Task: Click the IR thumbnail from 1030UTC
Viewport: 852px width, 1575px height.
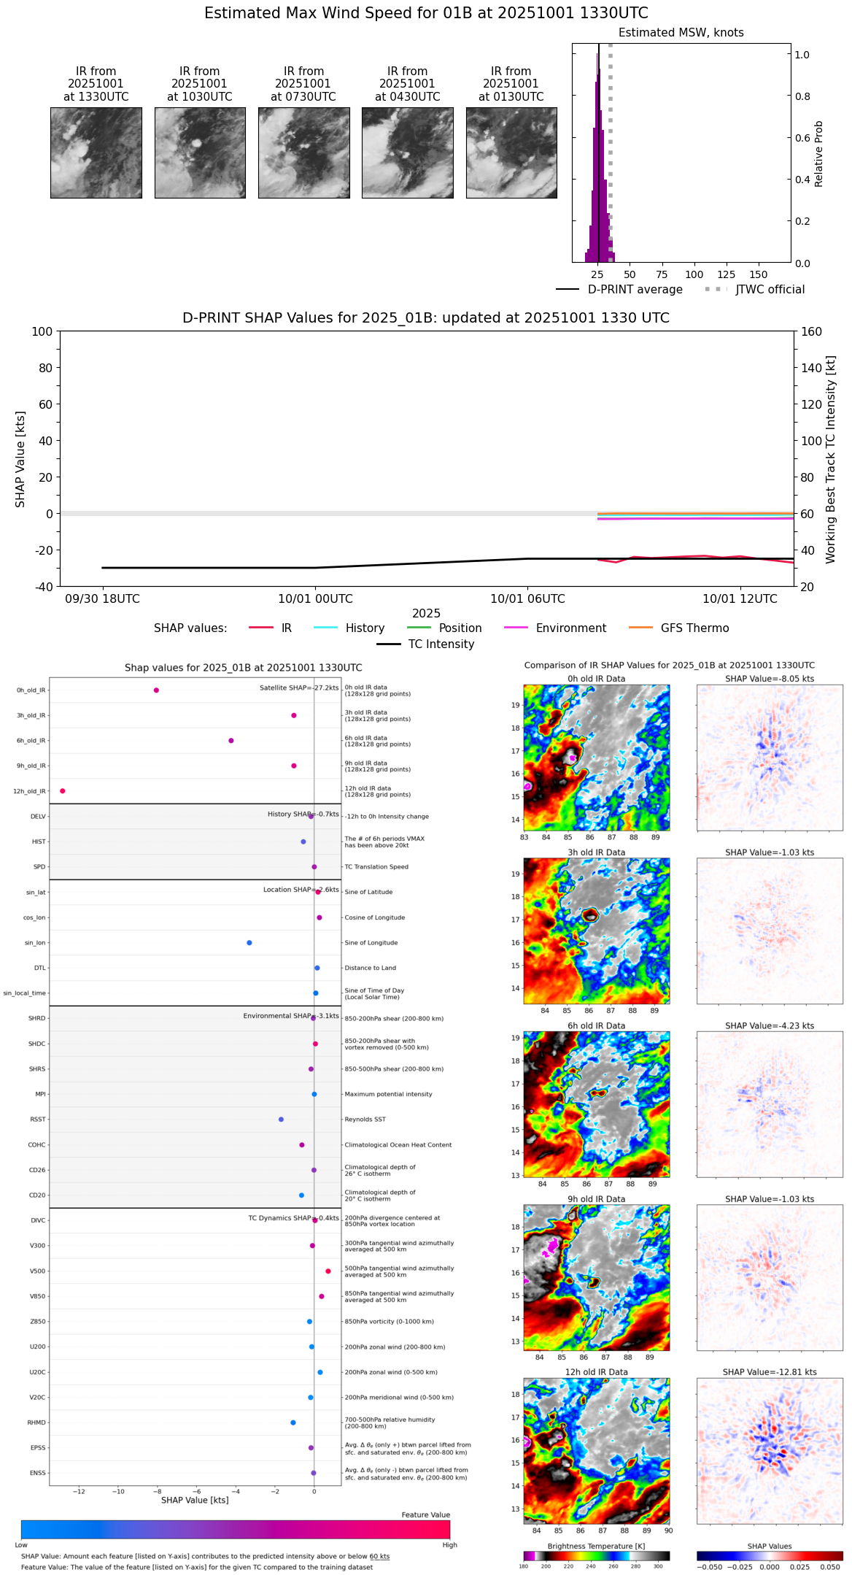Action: (x=199, y=153)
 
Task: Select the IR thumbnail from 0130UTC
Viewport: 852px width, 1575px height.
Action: (x=511, y=153)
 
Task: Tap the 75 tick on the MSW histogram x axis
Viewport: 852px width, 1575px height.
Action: (x=662, y=275)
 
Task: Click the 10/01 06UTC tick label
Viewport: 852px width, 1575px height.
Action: (x=527, y=599)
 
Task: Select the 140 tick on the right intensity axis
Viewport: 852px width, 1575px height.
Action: (x=811, y=368)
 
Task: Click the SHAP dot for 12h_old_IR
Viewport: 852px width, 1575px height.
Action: (x=63, y=791)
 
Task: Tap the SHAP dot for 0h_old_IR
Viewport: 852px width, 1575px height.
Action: (x=156, y=690)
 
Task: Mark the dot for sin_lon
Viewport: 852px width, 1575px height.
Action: (x=249, y=943)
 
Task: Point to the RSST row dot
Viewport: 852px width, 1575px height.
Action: (x=281, y=1120)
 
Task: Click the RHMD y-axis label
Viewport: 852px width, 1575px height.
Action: (x=36, y=1422)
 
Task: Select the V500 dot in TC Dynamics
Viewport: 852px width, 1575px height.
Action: (x=328, y=1271)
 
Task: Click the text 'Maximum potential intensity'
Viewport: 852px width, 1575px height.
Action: (x=388, y=1094)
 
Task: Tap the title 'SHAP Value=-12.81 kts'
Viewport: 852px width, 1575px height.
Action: (x=770, y=1372)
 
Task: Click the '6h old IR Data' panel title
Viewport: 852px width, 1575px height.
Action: (x=596, y=1025)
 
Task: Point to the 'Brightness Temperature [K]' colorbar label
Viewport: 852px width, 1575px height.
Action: (x=596, y=1546)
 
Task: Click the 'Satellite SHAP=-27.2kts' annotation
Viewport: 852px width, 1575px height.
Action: (x=299, y=688)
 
